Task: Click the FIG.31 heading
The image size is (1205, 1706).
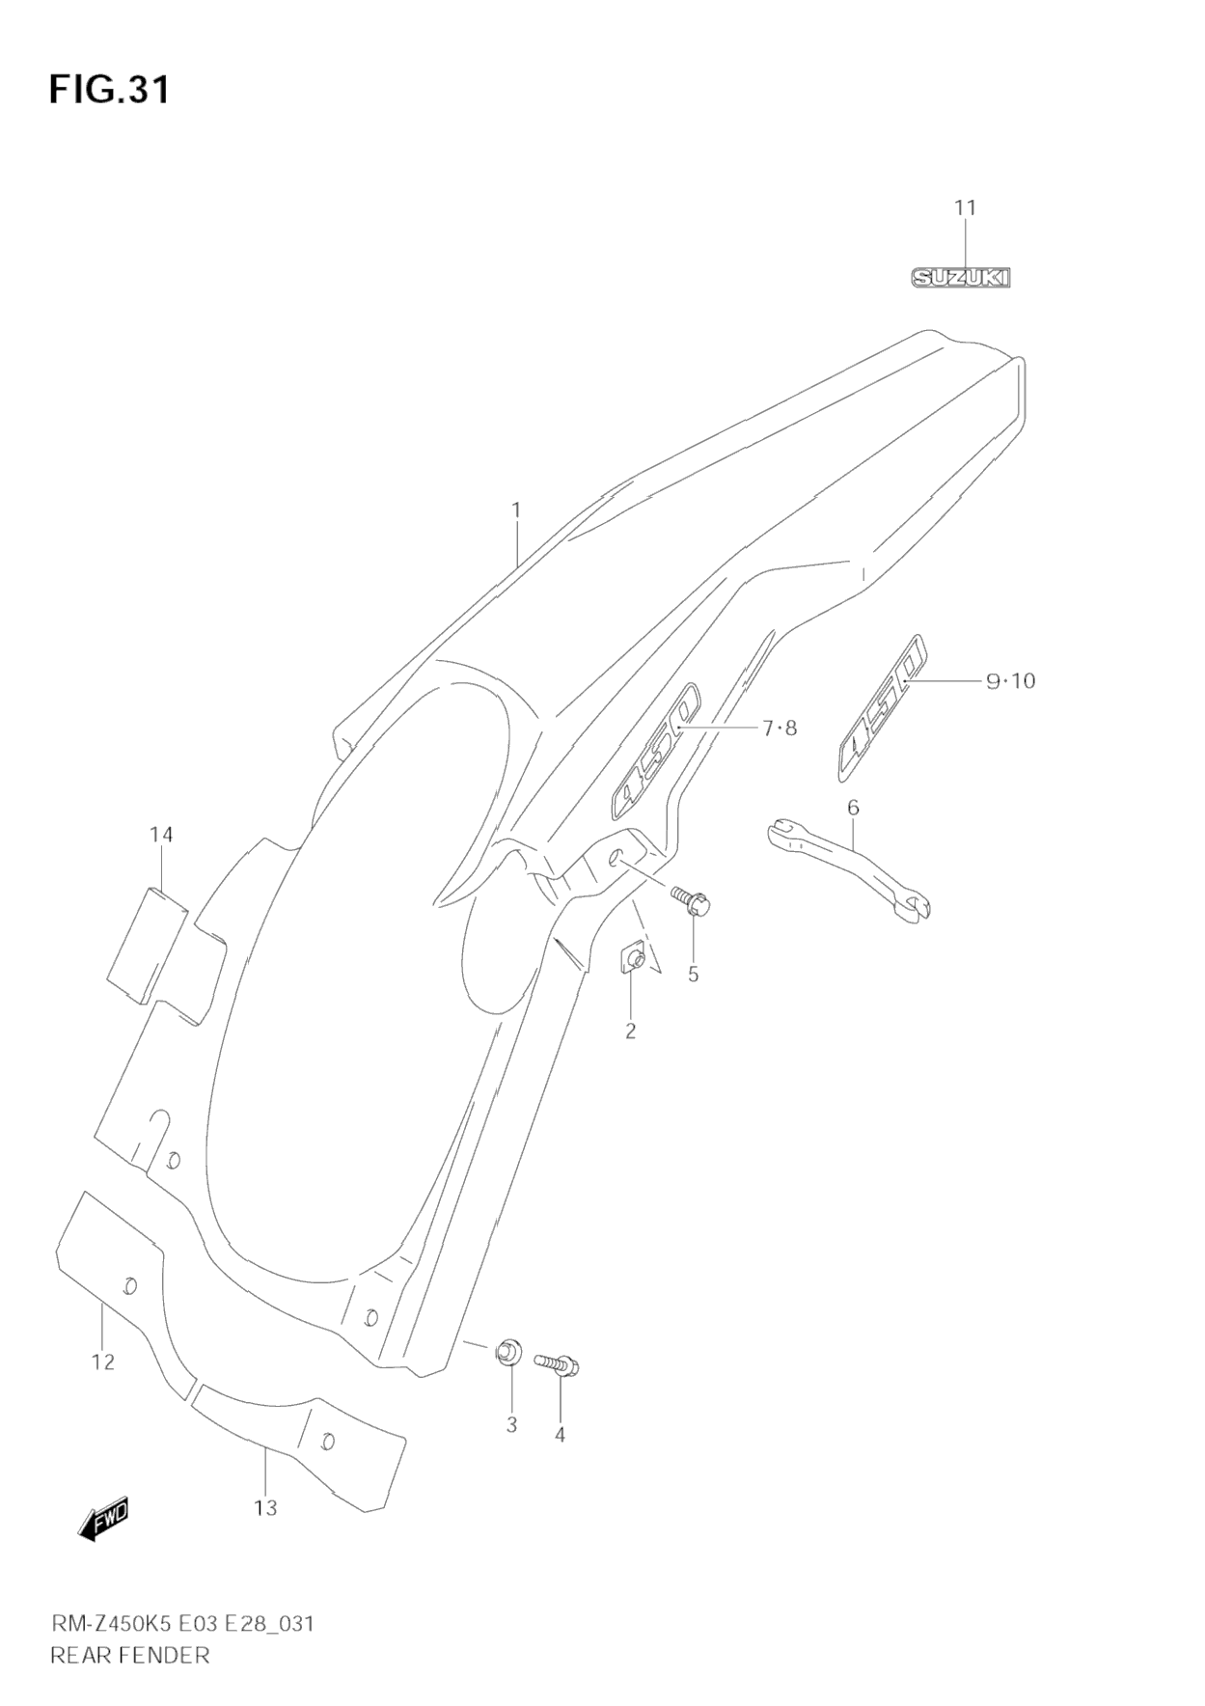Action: (x=109, y=90)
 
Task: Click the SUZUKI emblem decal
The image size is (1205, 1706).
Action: (x=961, y=278)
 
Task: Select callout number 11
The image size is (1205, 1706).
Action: (x=965, y=207)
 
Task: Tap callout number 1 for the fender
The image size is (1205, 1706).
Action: (x=516, y=509)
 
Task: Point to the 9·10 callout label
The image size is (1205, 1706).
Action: (x=1010, y=681)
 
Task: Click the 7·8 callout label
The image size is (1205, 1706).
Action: (x=780, y=729)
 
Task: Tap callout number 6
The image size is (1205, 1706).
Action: (x=853, y=807)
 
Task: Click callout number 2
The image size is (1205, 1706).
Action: (x=630, y=1031)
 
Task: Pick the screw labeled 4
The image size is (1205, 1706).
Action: (x=557, y=1364)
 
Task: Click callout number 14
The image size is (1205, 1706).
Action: (x=161, y=834)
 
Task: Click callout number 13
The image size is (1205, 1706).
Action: (x=265, y=1507)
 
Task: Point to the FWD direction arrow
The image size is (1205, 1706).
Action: (x=103, y=1520)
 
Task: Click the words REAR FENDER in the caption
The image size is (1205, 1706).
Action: (x=129, y=1656)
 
